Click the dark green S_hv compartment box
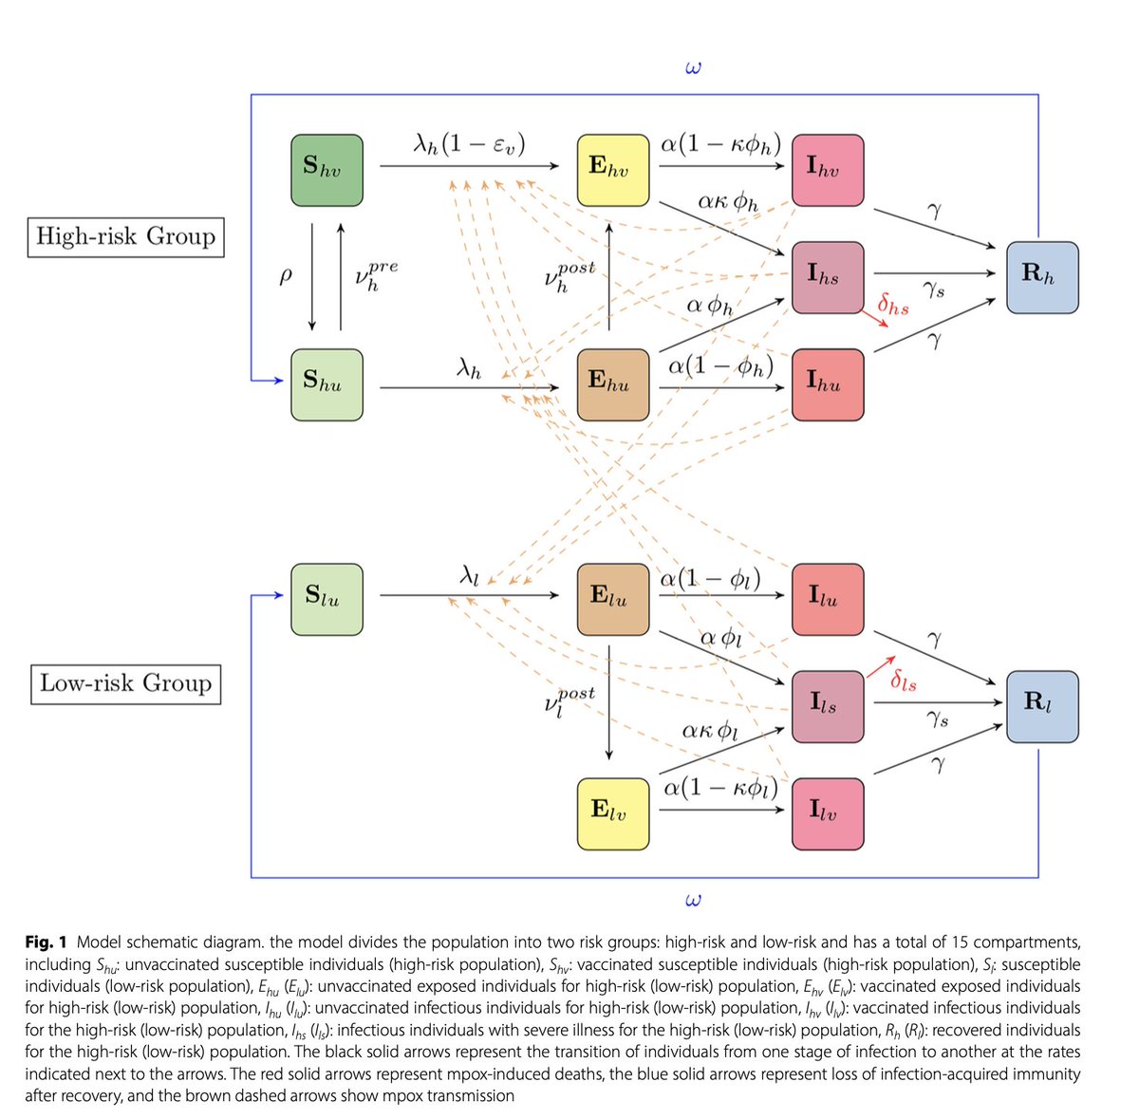(327, 170)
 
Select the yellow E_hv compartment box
(613, 170)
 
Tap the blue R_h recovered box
(1042, 277)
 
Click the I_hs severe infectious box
(828, 277)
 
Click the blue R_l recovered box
(1042, 707)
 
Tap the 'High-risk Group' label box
(125, 236)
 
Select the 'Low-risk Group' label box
(125, 683)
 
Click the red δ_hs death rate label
(893, 306)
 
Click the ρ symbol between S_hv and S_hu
(286, 276)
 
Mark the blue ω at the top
(692, 68)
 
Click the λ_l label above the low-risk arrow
(470, 575)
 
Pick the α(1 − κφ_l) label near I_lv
(720, 788)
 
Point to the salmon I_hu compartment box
(828, 384)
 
